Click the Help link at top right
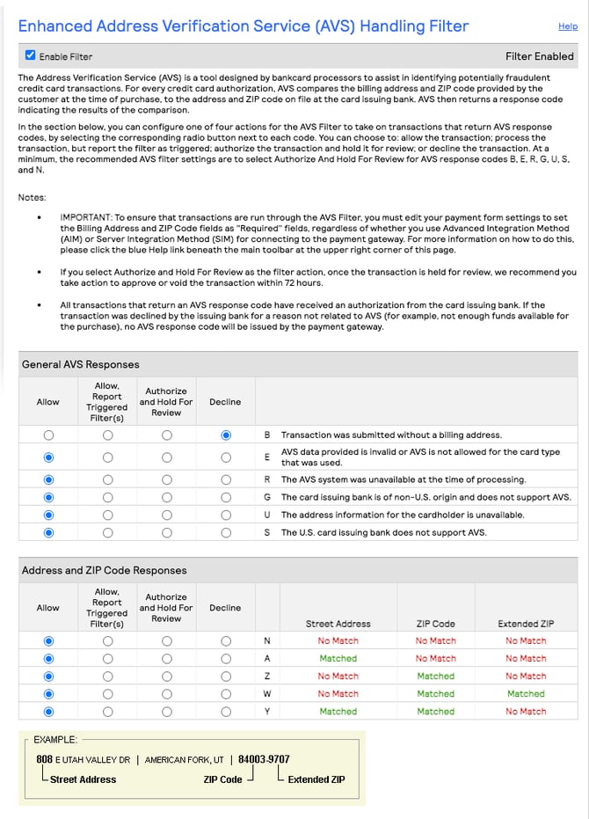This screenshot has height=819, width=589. pos(567,27)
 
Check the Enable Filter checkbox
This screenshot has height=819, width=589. pos(31,55)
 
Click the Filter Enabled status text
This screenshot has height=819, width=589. pos(539,56)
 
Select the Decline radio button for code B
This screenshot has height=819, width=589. pos(226,435)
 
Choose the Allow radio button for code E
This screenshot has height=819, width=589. pos(48,457)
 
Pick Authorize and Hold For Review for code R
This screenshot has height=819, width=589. pos(167,479)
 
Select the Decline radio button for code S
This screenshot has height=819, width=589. pos(226,532)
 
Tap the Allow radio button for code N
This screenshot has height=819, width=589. pos(48,641)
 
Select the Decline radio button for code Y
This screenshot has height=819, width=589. pos(226,711)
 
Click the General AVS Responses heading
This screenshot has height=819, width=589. pos(80,364)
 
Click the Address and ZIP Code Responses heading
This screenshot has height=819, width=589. pos(103,570)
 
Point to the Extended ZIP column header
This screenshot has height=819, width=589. pos(526,624)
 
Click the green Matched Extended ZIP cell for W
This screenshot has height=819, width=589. pos(526,693)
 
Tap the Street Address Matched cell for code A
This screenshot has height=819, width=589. pos(338,658)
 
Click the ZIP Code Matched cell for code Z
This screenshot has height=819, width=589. pos(435,676)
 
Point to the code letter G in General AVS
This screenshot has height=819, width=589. pos(266,497)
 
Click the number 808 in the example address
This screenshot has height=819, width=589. pos(44,759)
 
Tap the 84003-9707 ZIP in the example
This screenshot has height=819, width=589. pos(264,759)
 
